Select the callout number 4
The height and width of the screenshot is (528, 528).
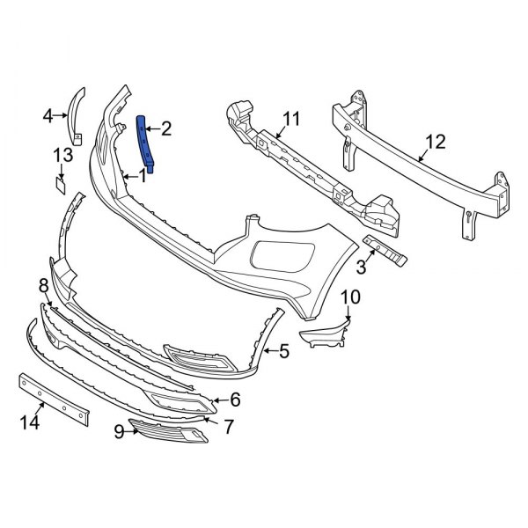pyautogui.click(x=48, y=114)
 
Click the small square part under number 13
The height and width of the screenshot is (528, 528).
pyautogui.click(x=60, y=183)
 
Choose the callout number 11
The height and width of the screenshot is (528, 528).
pyautogui.click(x=291, y=117)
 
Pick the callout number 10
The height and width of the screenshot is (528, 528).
pyautogui.click(x=349, y=297)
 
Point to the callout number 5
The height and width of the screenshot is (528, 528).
pyautogui.click(x=283, y=352)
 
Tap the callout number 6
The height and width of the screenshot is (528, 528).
pyautogui.click(x=235, y=400)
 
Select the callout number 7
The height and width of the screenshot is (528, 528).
pyautogui.click(x=229, y=427)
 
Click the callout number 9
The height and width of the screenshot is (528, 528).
pyautogui.click(x=118, y=432)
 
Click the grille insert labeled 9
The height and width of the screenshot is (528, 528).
pyautogui.click(x=167, y=430)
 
